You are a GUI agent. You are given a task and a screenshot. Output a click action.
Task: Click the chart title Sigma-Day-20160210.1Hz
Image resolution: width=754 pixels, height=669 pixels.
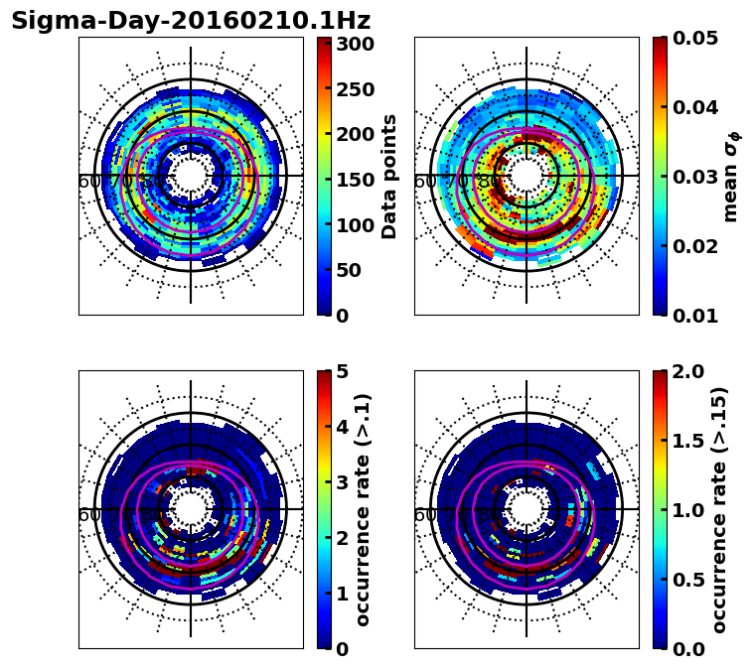[x=191, y=21]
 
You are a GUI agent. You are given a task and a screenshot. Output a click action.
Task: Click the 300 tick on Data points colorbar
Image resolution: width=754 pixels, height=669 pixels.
[x=355, y=44]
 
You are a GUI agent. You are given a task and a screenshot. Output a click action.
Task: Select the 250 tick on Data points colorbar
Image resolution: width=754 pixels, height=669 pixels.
[x=355, y=89]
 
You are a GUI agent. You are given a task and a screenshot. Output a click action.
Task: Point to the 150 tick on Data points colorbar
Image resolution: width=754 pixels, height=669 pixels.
[x=355, y=180]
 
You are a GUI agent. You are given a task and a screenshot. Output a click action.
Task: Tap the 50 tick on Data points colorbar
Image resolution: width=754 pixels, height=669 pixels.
[x=355, y=270]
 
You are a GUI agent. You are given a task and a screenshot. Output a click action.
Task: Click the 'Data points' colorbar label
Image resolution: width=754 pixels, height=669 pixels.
[x=389, y=176]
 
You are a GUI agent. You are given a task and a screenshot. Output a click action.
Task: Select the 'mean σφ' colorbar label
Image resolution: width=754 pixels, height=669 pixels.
[x=731, y=176]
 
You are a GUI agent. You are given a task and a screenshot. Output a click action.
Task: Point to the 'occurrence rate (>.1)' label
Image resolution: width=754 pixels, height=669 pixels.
[x=364, y=509]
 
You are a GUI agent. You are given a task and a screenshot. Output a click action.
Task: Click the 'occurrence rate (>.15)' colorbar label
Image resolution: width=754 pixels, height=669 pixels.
[x=720, y=509]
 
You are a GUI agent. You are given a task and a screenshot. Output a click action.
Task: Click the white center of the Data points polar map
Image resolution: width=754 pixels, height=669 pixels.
[x=191, y=176]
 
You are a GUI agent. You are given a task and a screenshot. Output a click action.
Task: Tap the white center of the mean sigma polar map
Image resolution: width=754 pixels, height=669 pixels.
[x=527, y=176]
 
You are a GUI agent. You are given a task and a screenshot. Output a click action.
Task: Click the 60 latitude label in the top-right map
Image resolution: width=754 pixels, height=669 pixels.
[x=424, y=183]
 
